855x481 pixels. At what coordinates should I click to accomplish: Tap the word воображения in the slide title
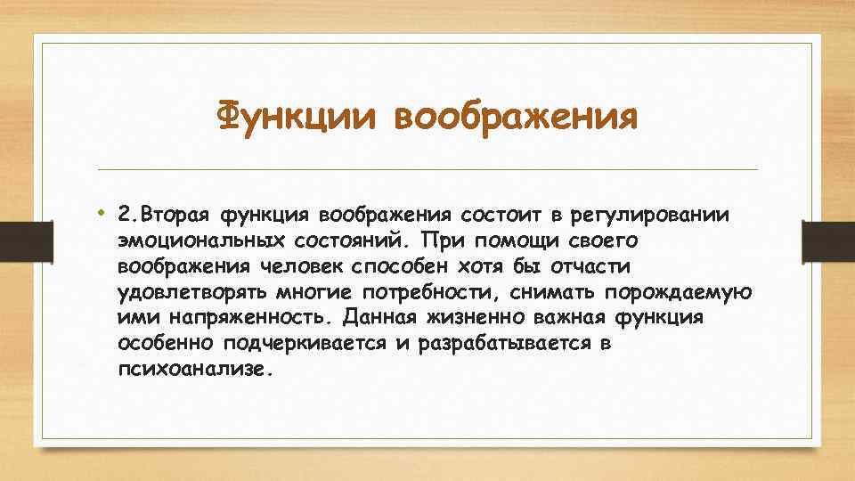516,118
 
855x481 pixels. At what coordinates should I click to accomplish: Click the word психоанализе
191,370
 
